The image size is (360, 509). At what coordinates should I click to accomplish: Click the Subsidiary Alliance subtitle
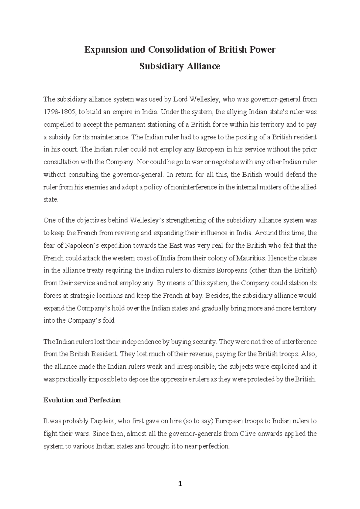point(180,66)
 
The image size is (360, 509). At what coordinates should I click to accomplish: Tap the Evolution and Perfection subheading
point(82,400)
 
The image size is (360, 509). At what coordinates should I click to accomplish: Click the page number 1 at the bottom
point(180,484)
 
